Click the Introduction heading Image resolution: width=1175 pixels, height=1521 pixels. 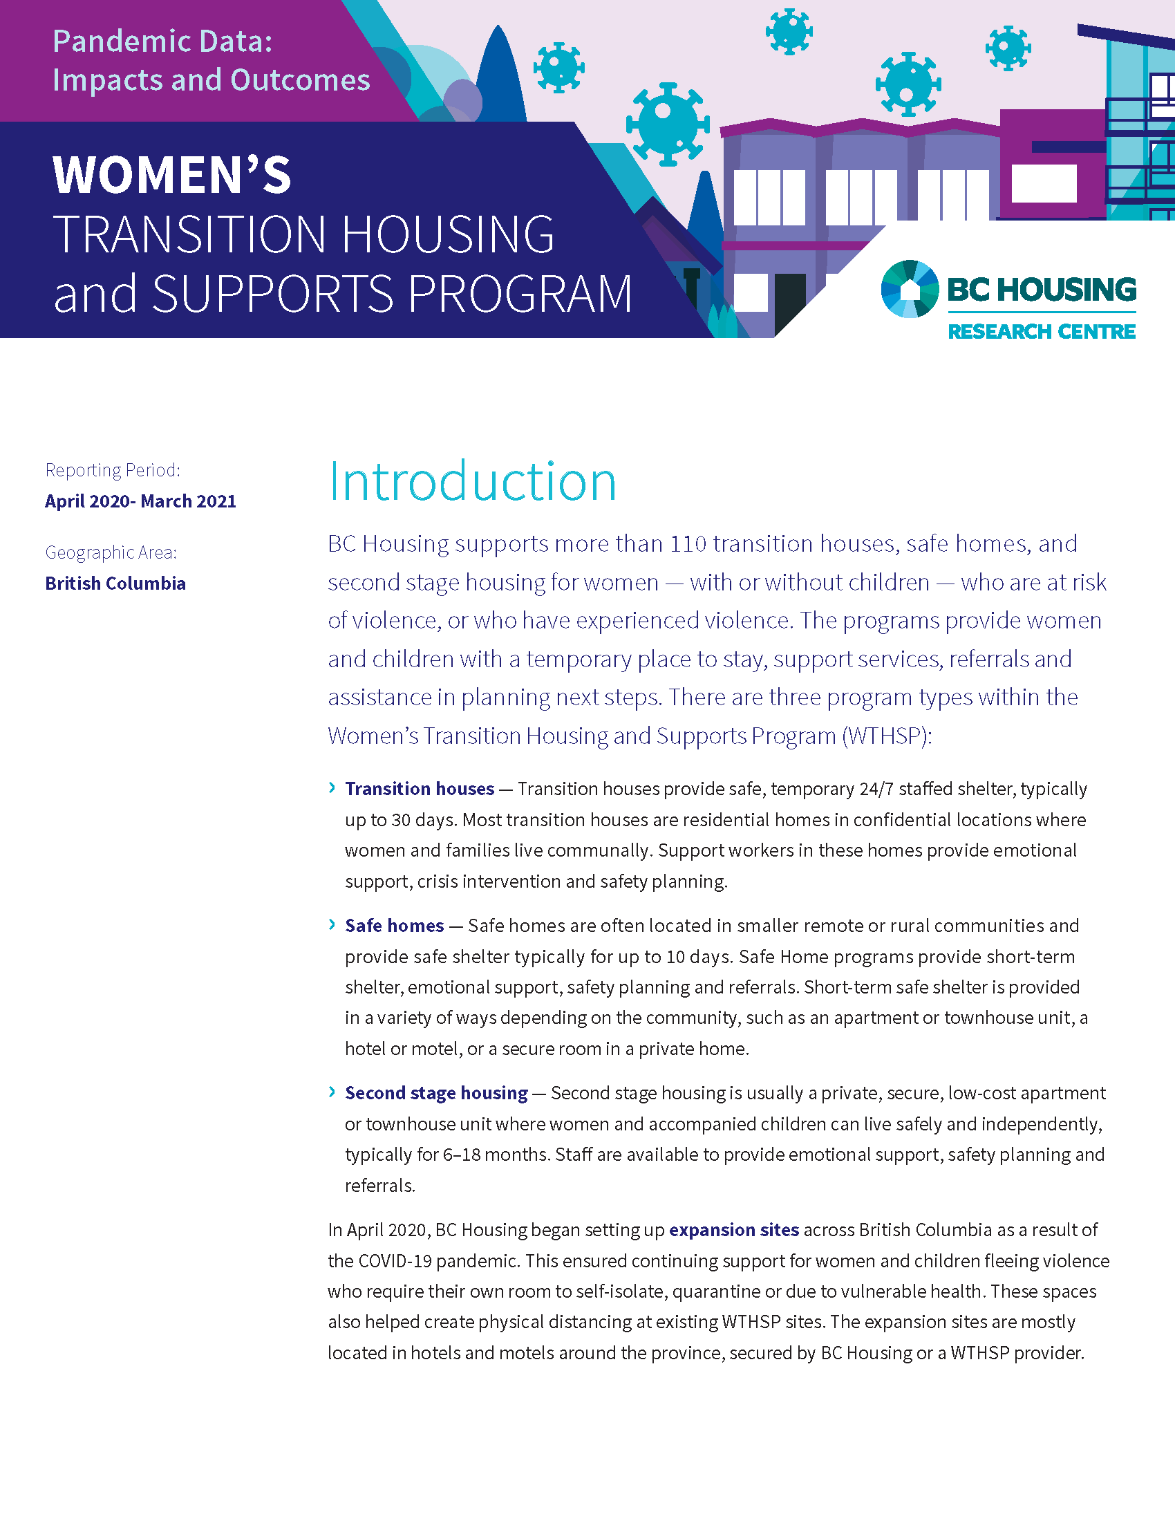point(472,481)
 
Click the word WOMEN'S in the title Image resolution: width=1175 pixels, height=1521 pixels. point(172,174)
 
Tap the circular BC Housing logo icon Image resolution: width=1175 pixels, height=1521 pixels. point(908,289)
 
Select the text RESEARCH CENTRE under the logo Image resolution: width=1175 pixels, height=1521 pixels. point(1042,332)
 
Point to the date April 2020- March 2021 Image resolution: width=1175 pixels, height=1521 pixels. point(140,501)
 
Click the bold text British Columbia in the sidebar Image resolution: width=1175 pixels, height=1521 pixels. point(115,584)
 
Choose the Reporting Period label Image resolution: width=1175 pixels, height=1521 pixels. point(113,470)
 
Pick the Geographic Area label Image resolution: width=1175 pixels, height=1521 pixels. point(111,552)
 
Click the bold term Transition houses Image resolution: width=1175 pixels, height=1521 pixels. point(419,788)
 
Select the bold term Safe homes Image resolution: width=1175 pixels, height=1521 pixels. point(394,925)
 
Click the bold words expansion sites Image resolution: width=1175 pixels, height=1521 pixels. point(733,1230)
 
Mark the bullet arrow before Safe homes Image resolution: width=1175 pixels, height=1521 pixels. point(332,924)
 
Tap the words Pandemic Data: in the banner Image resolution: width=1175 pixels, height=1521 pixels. point(163,41)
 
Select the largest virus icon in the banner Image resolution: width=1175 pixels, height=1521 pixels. point(668,124)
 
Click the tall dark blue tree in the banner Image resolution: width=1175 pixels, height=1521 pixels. point(499,77)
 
